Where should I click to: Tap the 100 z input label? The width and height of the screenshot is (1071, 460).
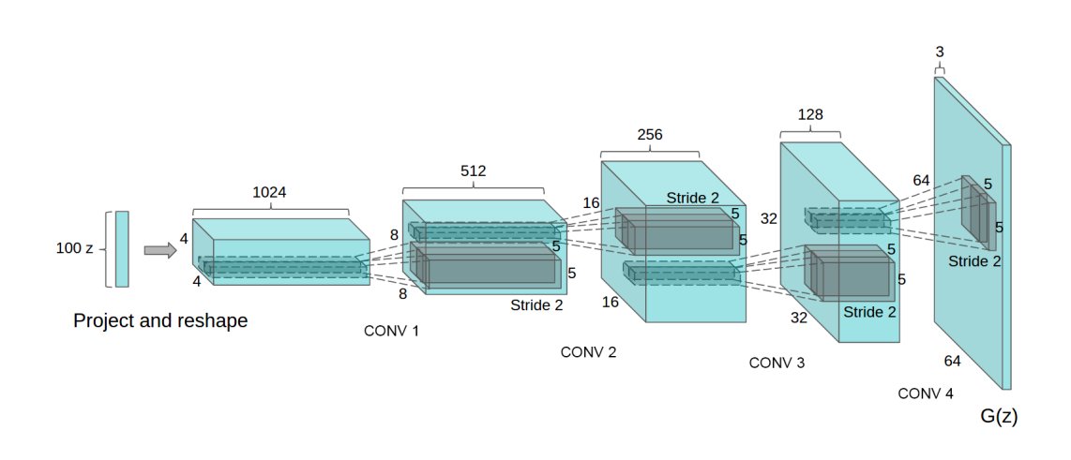[74, 249]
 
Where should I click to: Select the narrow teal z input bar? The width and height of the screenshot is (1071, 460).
[122, 248]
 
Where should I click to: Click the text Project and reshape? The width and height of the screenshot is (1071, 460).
[160, 321]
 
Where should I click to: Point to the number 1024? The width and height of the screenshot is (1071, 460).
[269, 192]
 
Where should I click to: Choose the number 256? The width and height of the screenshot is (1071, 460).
[649, 135]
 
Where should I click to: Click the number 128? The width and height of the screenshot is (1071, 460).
[809, 114]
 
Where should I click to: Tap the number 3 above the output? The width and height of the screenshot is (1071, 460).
[940, 52]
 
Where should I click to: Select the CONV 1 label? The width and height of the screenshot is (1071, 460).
[391, 331]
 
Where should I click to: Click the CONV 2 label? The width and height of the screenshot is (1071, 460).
[588, 352]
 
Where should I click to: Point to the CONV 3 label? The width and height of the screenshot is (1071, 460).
[777, 363]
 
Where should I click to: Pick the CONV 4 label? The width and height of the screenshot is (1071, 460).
[926, 393]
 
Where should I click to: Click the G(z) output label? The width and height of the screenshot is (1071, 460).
[999, 417]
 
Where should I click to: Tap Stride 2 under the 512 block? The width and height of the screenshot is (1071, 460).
[536, 305]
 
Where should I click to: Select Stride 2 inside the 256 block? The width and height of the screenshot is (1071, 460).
[693, 198]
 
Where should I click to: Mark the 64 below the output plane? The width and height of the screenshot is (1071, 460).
[952, 361]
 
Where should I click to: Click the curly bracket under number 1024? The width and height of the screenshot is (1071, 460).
[270, 209]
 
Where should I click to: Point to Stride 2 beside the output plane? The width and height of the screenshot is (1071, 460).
[973, 261]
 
